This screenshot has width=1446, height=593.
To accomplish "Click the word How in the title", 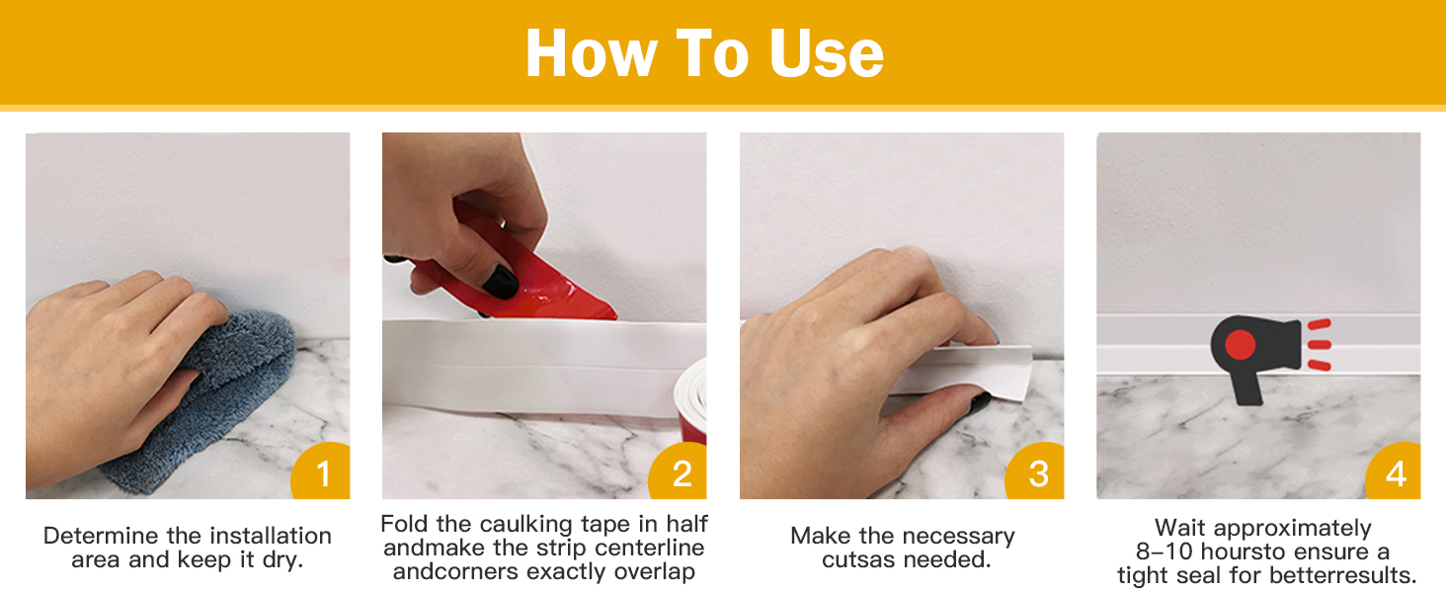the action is [592, 54].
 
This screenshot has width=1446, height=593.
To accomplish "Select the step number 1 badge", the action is [321, 471].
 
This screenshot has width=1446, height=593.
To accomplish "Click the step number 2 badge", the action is [679, 471].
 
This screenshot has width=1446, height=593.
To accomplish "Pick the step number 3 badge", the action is [1035, 471].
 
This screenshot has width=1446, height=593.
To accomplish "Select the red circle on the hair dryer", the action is [1240, 344].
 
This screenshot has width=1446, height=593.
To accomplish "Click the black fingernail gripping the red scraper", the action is [501, 282].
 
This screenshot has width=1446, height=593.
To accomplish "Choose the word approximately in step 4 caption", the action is [1292, 529].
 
